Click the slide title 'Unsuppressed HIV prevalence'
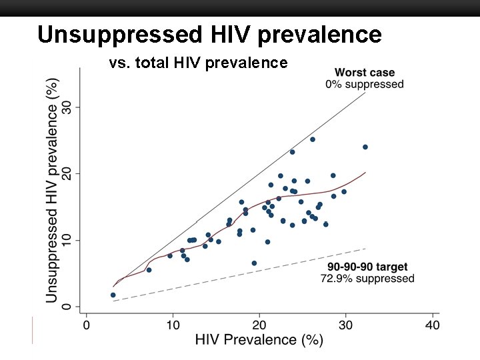pos(209,35)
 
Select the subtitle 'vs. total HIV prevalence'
pos(198,63)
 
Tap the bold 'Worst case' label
pos(364,73)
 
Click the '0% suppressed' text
pos(364,85)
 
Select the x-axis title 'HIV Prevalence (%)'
pos(259,341)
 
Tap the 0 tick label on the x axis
pos(86,325)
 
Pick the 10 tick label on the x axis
pos(173,325)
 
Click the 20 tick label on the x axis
pos(259,325)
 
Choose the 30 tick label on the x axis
pos(345,325)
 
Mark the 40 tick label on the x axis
pos(432,325)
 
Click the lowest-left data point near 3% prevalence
pos(113,295)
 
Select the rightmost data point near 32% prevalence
pos(365,147)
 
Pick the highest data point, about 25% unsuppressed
pos(312,139)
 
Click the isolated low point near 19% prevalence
pos(254,263)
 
